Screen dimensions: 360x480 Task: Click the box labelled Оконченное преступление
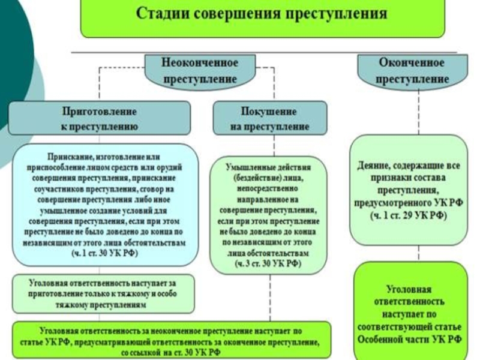click(x=412, y=70)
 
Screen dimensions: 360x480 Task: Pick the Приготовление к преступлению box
click(x=100, y=118)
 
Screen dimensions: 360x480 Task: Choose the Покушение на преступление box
click(x=270, y=118)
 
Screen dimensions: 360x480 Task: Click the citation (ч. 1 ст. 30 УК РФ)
click(x=104, y=253)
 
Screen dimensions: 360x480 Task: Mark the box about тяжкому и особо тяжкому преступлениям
click(x=104, y=293)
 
